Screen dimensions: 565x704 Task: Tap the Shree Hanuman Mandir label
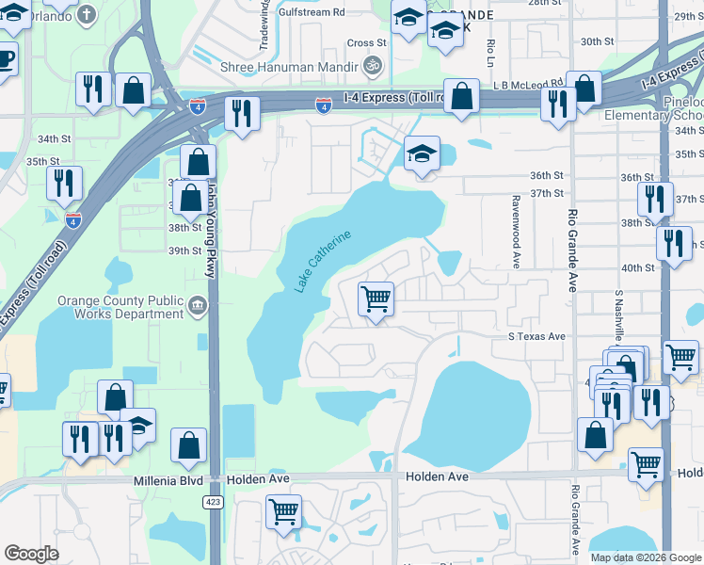pyautogui.click(x=289, y=67)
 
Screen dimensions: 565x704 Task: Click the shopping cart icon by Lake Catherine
pyautogui.click(x=376, y=299)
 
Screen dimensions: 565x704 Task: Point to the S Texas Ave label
pyautogui.click(x=536, y=336)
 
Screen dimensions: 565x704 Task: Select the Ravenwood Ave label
pyautogui.click(x=516, y=232)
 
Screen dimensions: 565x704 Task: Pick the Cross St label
pyautogui.click(x=366, y=42)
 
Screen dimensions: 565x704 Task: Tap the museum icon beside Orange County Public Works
pyautogui.click(x=198, y=304)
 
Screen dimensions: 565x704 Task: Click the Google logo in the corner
pyautogui.click(x=32, y=554)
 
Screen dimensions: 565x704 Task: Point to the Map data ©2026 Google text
pyautogui.click(x=646, y=557)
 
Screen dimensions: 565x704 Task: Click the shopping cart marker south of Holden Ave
pyautogui.click(x=283, y=512)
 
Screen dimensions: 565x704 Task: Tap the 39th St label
pyautogui.click(x=184, y=250)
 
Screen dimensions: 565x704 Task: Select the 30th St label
pyautogui.click(x=597, y=41)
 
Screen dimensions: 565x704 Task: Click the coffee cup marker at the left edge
pyautogui.click(x=5, y=58)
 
